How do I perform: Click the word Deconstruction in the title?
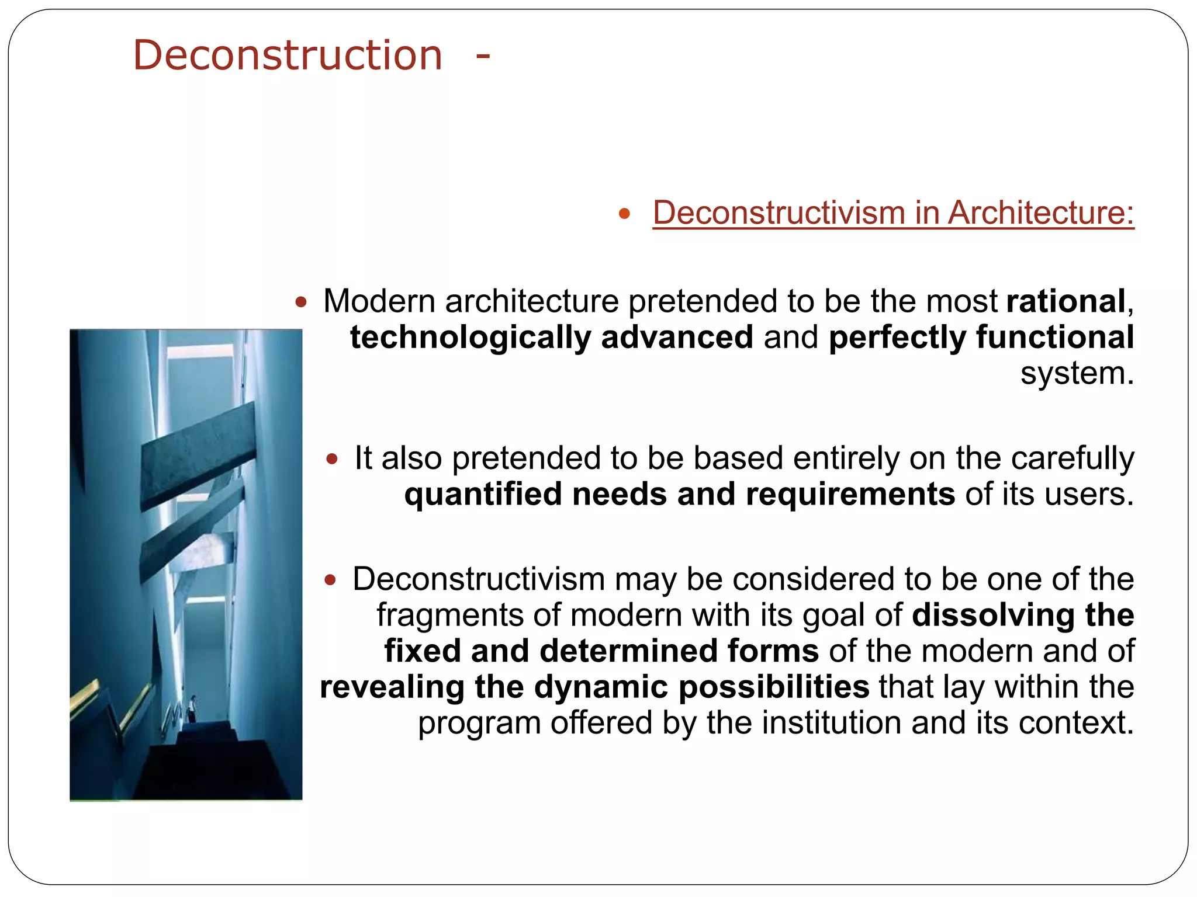[288, 55]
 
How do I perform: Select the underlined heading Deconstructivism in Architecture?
[893, 213]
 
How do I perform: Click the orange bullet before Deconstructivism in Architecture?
[624, 214]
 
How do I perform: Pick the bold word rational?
[1065, 302]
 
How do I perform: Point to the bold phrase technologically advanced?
[551, 338]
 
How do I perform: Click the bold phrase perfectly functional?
[981, 338]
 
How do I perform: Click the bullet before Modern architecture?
[300, 303]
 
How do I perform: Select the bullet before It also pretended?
[332, 459]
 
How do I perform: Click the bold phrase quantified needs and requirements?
[679, 495]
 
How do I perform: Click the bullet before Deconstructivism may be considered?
[330, 580]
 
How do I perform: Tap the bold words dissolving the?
[1023, 616]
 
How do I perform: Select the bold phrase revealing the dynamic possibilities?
[594, 687]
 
